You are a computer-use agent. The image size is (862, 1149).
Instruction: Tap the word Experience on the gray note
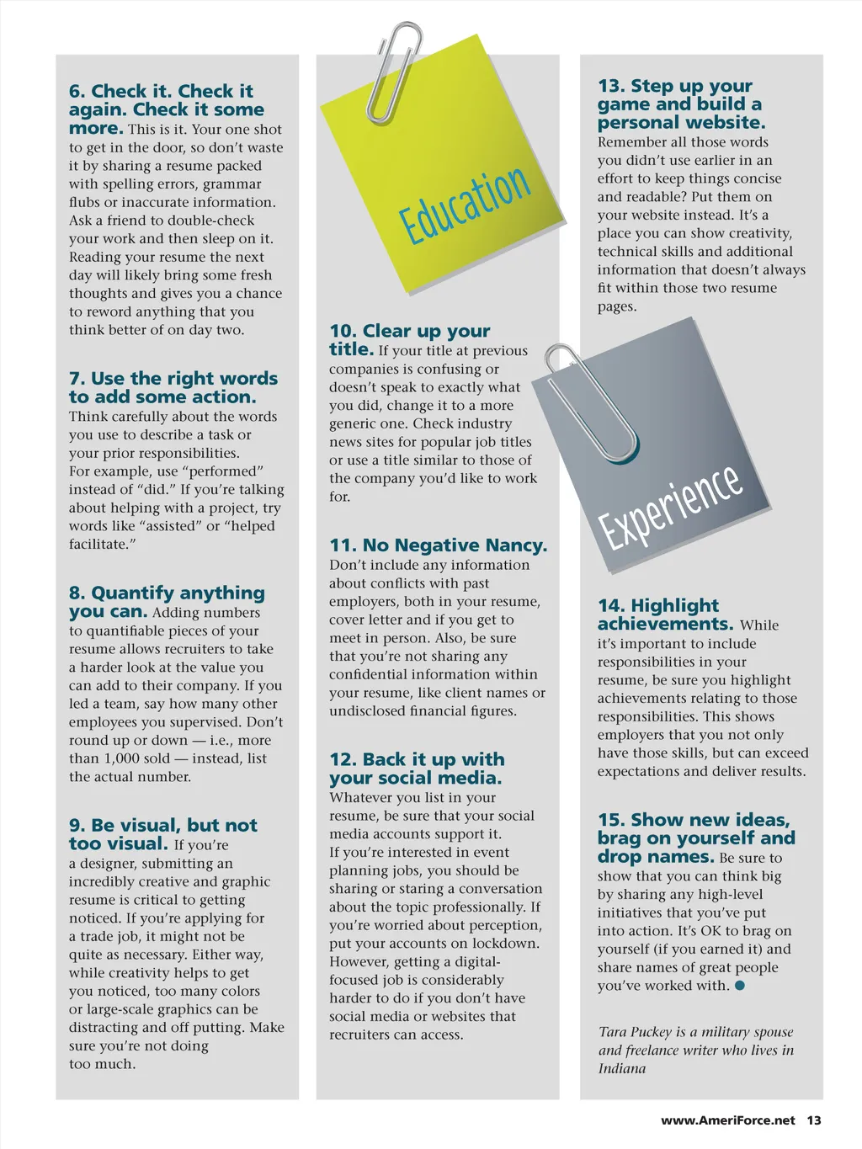(x=671, y=506)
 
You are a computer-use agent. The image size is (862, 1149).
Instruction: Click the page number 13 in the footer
(x=813, y=1120)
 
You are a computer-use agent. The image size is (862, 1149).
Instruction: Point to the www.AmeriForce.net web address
(x=727, y=1120)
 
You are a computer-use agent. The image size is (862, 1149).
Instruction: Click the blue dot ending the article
(x=740, y=985)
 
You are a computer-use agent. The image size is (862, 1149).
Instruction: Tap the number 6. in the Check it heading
(x=77, y=91)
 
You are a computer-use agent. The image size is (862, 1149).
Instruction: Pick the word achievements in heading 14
(x=665, y=624)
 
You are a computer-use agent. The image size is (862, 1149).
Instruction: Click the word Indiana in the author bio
(x=622, y=1068)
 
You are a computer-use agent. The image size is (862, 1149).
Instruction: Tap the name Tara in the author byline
(x=613, y=1032)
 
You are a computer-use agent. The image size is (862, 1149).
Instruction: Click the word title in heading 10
(x=350, y=349)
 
